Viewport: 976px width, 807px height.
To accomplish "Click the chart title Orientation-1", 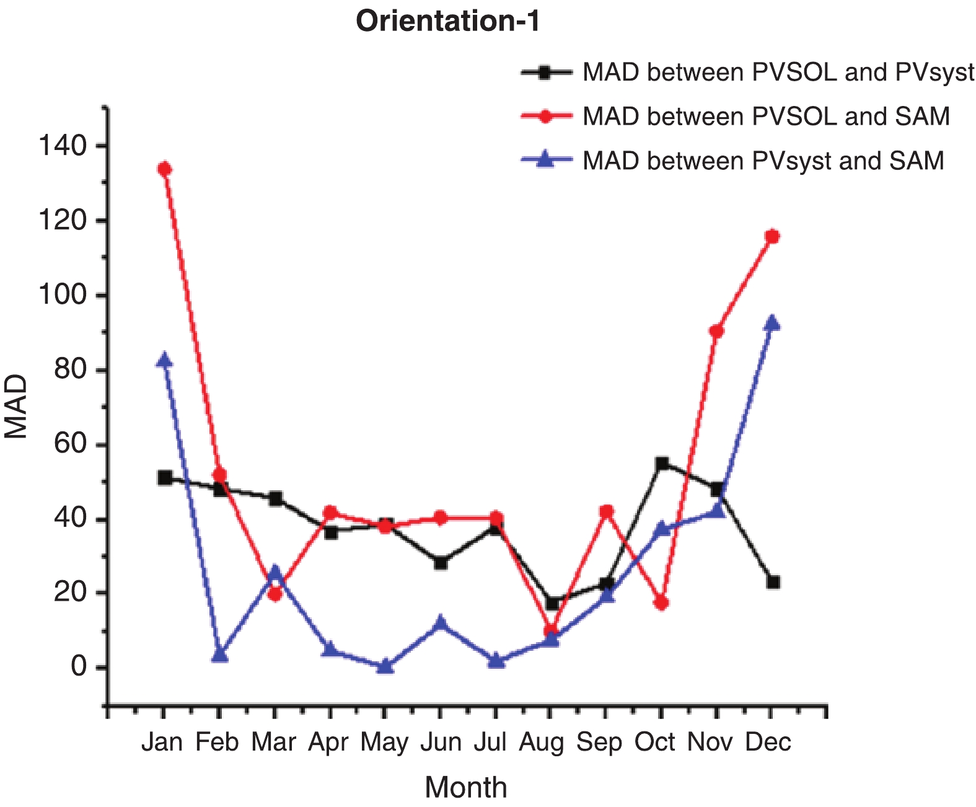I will point(447,21).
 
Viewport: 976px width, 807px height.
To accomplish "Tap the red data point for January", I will point(164,169).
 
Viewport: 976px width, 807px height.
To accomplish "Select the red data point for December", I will point(772,236).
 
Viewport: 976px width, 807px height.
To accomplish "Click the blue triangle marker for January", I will point(164,360).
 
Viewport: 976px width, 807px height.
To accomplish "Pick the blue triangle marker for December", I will point(772,323).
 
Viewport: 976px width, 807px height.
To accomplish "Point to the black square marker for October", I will point(662,464).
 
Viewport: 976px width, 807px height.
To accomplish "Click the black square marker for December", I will point(773,582).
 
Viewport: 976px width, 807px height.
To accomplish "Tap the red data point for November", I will point(717,331).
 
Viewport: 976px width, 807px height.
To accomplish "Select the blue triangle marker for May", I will point(385,666).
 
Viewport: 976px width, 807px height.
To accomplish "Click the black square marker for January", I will point(165,477).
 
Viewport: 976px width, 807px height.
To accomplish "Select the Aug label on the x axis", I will point(542,742).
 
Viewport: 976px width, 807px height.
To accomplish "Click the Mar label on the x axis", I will point(273,742).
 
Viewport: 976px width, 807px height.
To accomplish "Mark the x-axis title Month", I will point(466,787).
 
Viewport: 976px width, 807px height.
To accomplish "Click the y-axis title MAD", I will point(17,406).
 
